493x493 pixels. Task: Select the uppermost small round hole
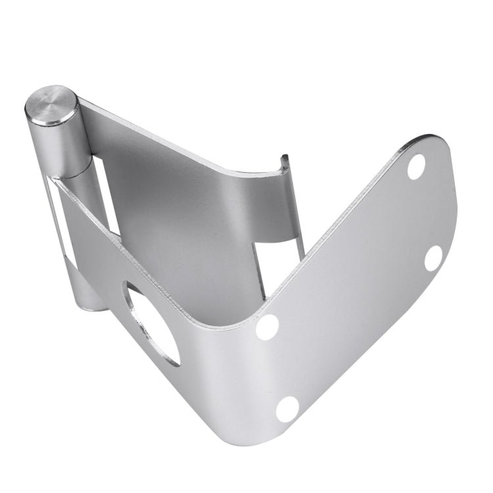click(x=416, y=167)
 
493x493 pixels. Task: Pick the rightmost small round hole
click(x=433, y=258)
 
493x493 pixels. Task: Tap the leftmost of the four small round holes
click(x=268, y=327)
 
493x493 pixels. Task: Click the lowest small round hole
click(x=287, y=409)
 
